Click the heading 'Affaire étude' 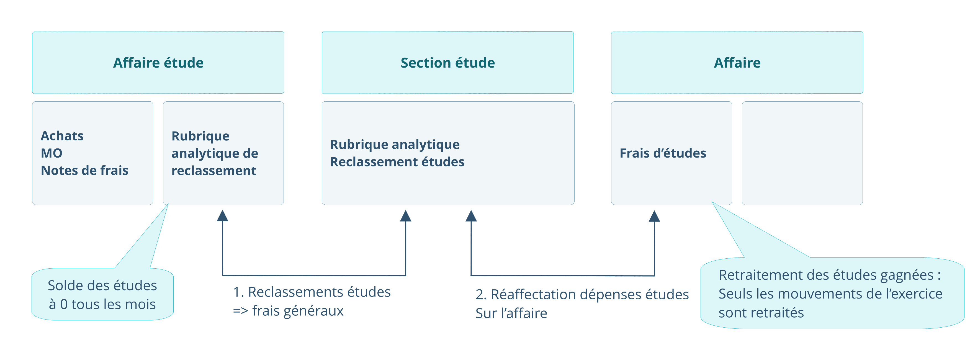point(158,63)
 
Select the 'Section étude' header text point(447,63)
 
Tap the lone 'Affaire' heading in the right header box point(737,63)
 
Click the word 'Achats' point(62,136)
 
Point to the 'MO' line point(52,153)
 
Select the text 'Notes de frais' point(84,171)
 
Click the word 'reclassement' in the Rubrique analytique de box point(213,171)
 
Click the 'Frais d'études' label point(663,153)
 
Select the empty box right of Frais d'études point(802,153)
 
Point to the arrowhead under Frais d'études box point(654,217)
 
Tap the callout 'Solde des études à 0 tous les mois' point(102,294)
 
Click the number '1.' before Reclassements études point(238,292)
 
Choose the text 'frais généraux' point(297,311)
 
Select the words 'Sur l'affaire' point(511,313)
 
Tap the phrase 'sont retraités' point(761,313)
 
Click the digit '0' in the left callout point(64,305)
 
